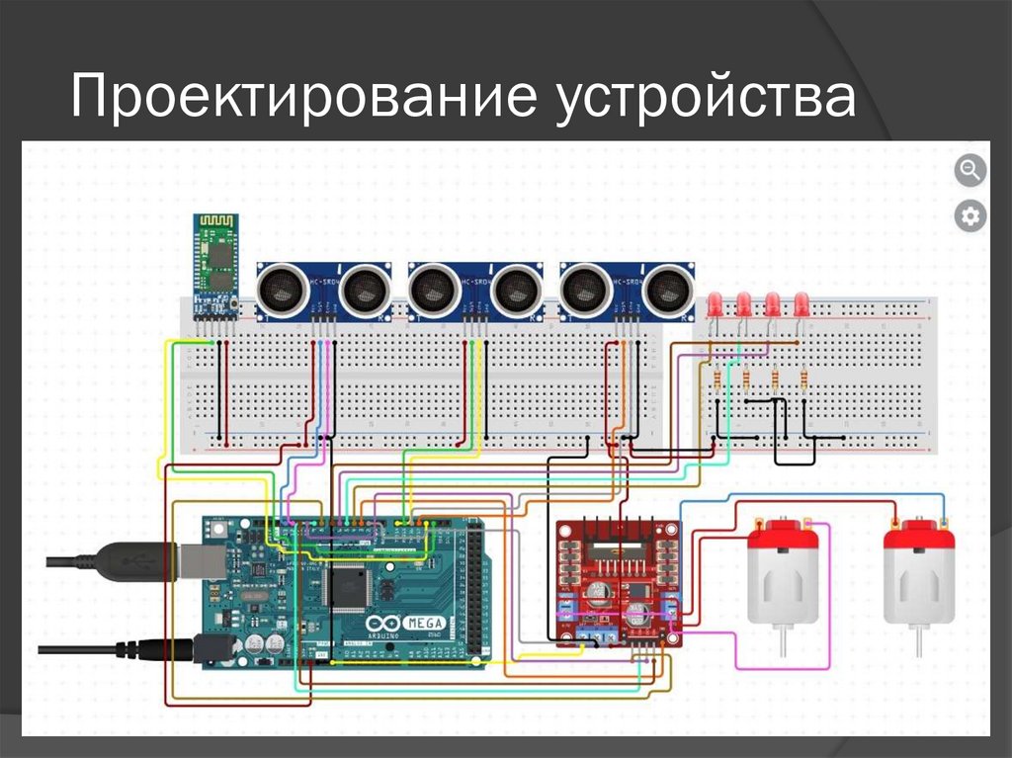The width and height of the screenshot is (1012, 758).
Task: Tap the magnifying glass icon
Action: (970, 170)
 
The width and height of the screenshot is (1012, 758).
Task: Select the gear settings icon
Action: (970, 216)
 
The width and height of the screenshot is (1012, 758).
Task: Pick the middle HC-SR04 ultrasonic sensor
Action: (474, 290)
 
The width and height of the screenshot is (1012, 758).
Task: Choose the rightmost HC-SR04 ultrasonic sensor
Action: (626, 290)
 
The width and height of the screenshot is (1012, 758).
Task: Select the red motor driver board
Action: (618, 583)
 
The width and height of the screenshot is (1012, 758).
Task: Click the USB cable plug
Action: (138, 561)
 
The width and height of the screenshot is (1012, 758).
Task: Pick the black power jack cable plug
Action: (153, 648)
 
